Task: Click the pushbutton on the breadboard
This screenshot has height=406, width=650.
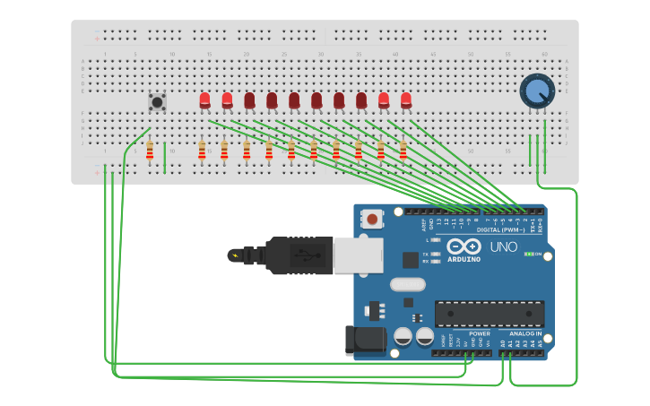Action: point(158,101)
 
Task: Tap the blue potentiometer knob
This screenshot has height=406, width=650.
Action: point(537,91)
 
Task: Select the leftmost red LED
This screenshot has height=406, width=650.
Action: point(205,100)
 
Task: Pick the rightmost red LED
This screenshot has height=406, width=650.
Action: point(406,100)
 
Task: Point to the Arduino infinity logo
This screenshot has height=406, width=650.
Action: point(464,246)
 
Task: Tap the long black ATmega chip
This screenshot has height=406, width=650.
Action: point(490,314)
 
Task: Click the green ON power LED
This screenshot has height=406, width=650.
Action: point(529,255)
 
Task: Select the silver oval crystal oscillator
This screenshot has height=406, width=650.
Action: point(407,285)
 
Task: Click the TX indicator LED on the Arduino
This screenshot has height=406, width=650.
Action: point(435,255)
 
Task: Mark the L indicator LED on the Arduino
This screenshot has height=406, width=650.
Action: point(435,240)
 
